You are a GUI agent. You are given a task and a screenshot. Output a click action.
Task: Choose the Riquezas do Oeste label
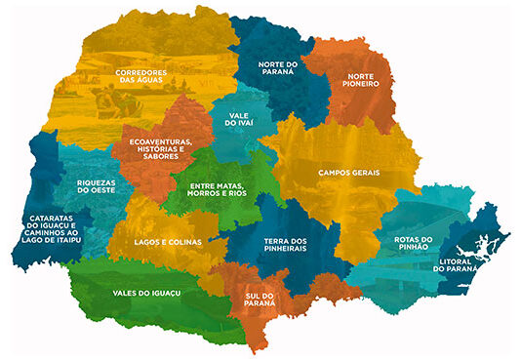coord(97,185)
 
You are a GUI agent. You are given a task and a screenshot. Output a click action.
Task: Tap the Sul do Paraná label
coord(261,297)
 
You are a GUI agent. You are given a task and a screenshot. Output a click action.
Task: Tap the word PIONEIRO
coord(355,84)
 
